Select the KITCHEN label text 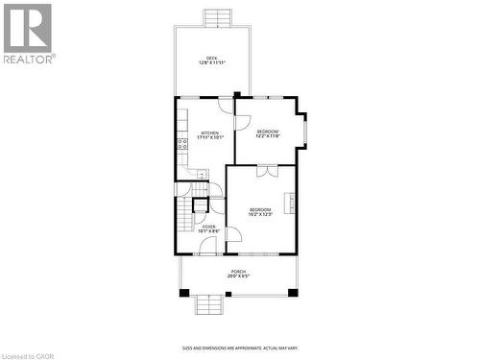(209, 134)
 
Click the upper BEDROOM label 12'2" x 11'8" (267, 133)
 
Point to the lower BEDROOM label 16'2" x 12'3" (260, 211)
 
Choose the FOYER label (208, 228)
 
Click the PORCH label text (236, 274)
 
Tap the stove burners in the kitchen (180, 145)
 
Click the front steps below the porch (208, 305)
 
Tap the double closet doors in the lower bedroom (267, 171)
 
